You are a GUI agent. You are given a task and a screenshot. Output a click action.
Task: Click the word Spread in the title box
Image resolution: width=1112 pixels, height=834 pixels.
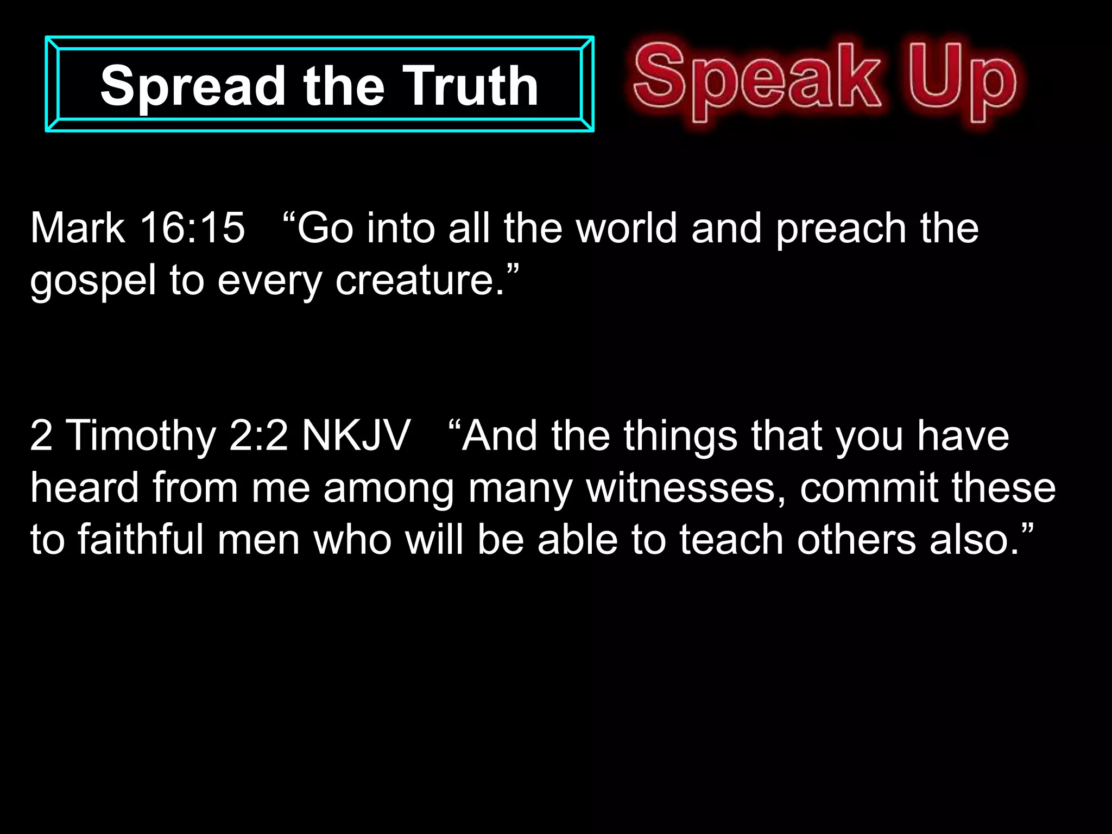click(193, 86)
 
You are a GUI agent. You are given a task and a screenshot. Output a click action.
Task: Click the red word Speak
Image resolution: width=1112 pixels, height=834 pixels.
click(757, 79)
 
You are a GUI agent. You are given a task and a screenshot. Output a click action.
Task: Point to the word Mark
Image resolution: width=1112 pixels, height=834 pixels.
click(78, 228)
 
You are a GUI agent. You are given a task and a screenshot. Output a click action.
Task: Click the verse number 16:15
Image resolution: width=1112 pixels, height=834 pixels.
click(193, 228)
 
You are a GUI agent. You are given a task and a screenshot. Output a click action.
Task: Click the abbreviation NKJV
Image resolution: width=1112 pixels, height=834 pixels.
click(356, 435)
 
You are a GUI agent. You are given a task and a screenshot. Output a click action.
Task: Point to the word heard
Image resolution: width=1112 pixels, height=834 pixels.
click(84, 487)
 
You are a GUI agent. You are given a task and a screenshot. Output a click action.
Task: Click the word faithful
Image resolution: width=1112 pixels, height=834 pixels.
click(141, 539)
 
